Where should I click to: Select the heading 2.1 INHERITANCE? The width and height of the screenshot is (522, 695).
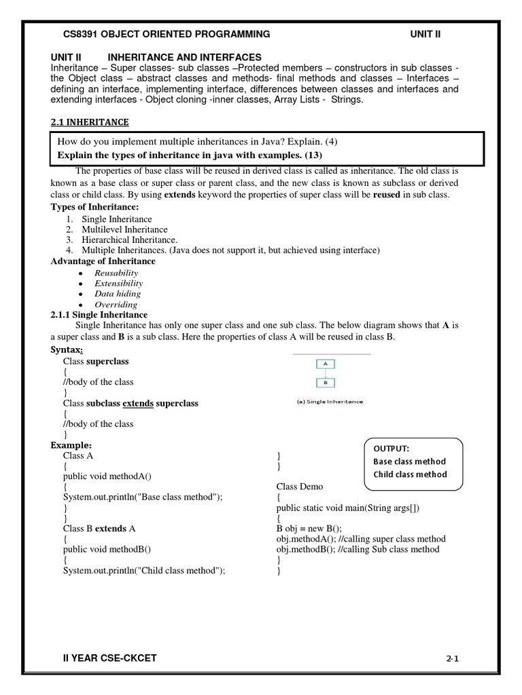click(90, 122)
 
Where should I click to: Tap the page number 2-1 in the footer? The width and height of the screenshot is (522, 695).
click(453, 658)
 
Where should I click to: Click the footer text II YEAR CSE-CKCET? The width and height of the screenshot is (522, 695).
click(113, 658)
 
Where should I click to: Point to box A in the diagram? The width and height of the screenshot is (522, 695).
click(326, 364)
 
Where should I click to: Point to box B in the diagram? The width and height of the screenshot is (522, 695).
click(326, 382)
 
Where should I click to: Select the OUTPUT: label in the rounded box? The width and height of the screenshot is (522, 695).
click(391, 449)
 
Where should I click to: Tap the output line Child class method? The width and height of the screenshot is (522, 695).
click(410, 474)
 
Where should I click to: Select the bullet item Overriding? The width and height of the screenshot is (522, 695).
click(116, 305)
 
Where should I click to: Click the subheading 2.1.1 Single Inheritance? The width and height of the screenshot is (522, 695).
click(99, 315)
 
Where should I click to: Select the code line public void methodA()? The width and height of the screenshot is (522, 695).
click(108, 476)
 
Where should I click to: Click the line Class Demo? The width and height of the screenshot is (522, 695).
click(300, 487)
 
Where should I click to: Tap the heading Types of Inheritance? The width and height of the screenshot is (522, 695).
click(95, 206)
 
